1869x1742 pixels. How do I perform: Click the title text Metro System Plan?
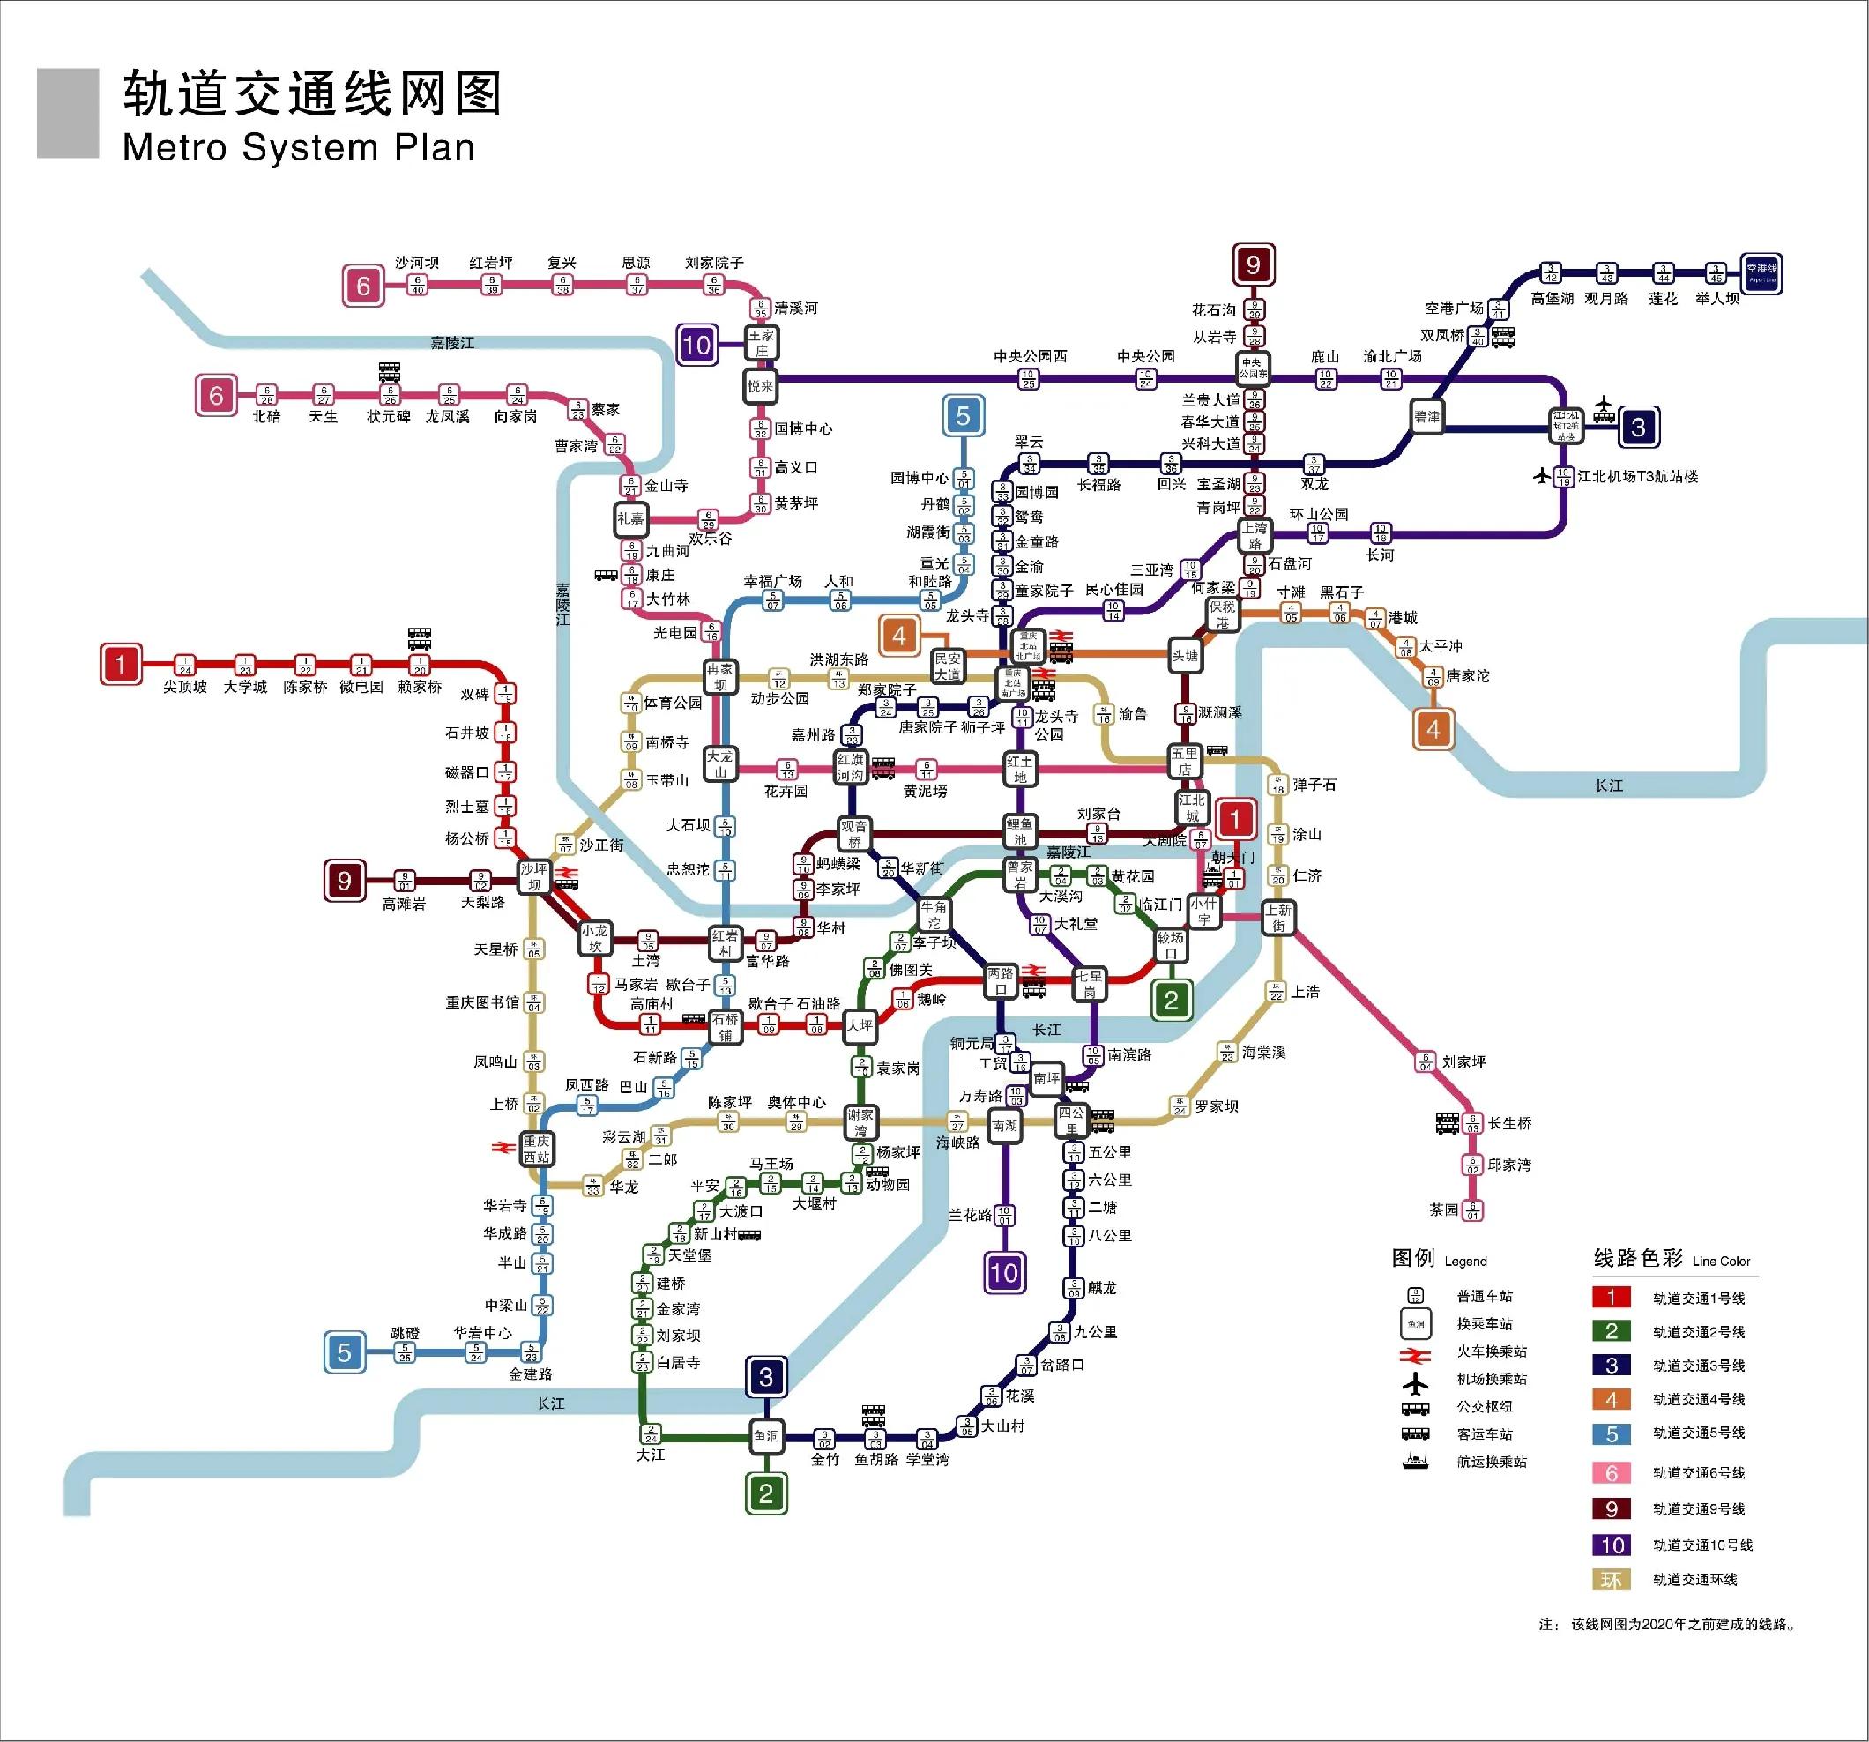[298, 148]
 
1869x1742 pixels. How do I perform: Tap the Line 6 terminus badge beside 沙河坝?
[363, 287]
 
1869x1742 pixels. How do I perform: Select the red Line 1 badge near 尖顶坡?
[120, 665]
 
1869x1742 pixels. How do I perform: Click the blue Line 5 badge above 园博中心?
[963, 415]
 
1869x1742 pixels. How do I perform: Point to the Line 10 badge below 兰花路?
[1003, 1273]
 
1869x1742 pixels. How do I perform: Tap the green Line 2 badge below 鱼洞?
[766, 1493]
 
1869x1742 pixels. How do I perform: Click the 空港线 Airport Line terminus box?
[1761, 273]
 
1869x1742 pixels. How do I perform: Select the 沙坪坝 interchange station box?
[534, 877]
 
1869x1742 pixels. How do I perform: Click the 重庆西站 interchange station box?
[536, 1149]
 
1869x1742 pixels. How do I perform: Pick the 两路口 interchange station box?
[1001, 981]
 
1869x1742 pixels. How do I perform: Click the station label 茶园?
[1443, 1210]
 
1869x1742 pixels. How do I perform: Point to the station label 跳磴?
[406, 1333]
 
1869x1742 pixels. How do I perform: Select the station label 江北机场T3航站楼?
[1651, 477]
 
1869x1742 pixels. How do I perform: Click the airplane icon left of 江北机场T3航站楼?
[1542, 476]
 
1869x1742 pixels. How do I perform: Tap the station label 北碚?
[266, 416]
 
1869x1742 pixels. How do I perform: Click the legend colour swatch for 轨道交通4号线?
[1611, 1400]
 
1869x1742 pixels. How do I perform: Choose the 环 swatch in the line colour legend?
[1611, 1580]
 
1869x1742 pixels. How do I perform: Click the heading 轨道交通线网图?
[313, 95]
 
